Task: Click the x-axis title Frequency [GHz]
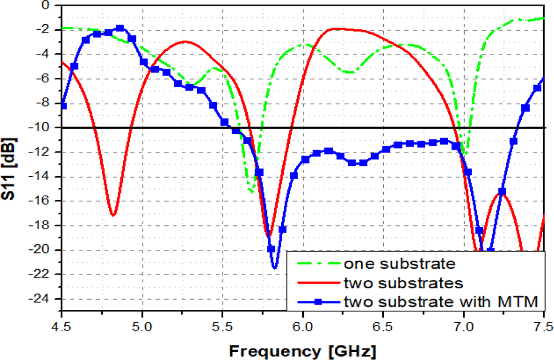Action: point(302,351)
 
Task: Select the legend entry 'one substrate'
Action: point(399,264)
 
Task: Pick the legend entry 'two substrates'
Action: point(403,283)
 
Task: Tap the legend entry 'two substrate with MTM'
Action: point(440,302)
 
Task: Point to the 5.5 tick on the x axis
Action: point(222,327)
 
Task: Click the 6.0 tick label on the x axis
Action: point(303,327)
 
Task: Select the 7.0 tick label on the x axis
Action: point(463,327)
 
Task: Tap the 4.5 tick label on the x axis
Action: point(62,327)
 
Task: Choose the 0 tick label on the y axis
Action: point(46,5)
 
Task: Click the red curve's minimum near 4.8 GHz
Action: point(113,215)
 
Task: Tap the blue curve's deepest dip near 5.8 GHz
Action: point(275,268)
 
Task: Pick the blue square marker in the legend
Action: point(318,302)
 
